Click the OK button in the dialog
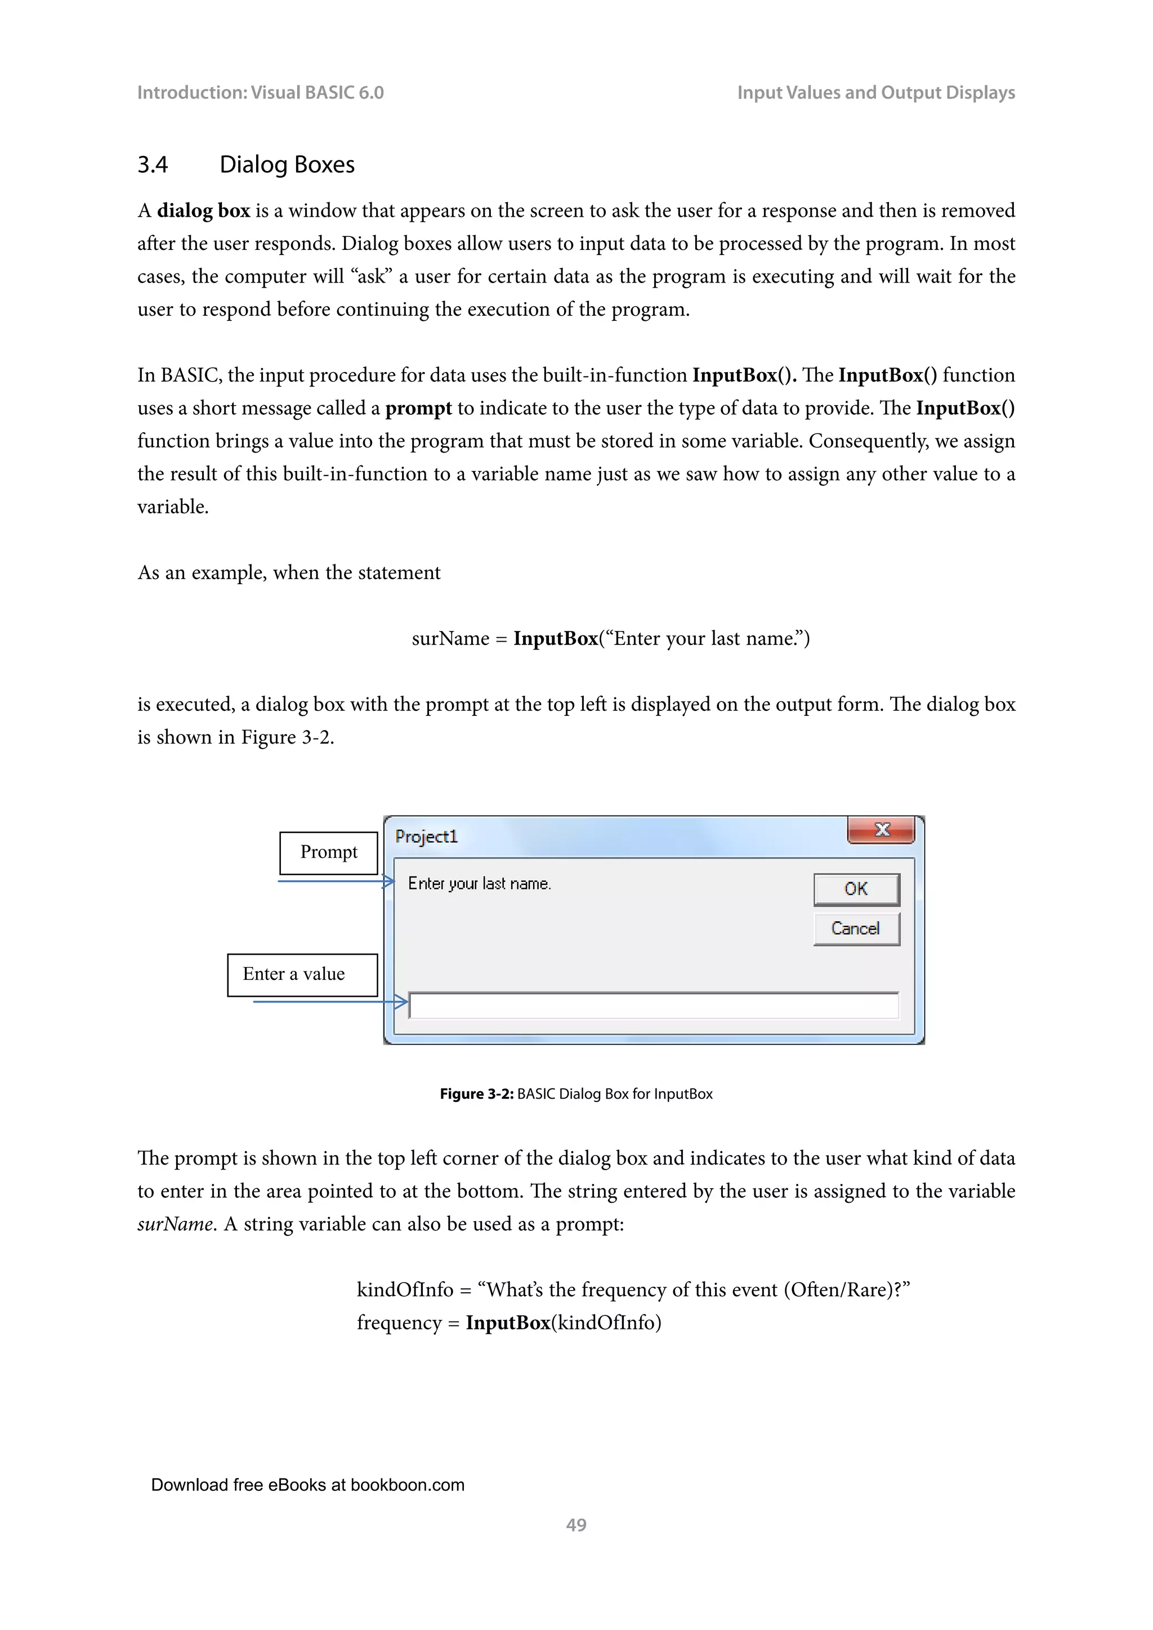(x=856, y=889)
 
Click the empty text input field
(x=653, y=1005)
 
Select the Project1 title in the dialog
(x=426, y=837)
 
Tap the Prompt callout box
(x=329, y=853)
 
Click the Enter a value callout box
(x=302, y=975)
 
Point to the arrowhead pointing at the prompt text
(x=389, y=882)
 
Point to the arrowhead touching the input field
(x=402, y=1002)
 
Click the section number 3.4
(x=152, y=165)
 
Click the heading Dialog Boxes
(x=287, y=165)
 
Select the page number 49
(x=576, y=1525)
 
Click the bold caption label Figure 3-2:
(x=476, y=1094)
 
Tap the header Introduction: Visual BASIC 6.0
(x=260, y=93)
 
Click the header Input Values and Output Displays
(x=875, y=93)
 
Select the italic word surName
(x=175, y=1225)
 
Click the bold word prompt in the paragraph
(x=418, y=408)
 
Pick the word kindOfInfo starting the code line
(x=405, y=1290)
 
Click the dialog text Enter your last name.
(x=479, y=884)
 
